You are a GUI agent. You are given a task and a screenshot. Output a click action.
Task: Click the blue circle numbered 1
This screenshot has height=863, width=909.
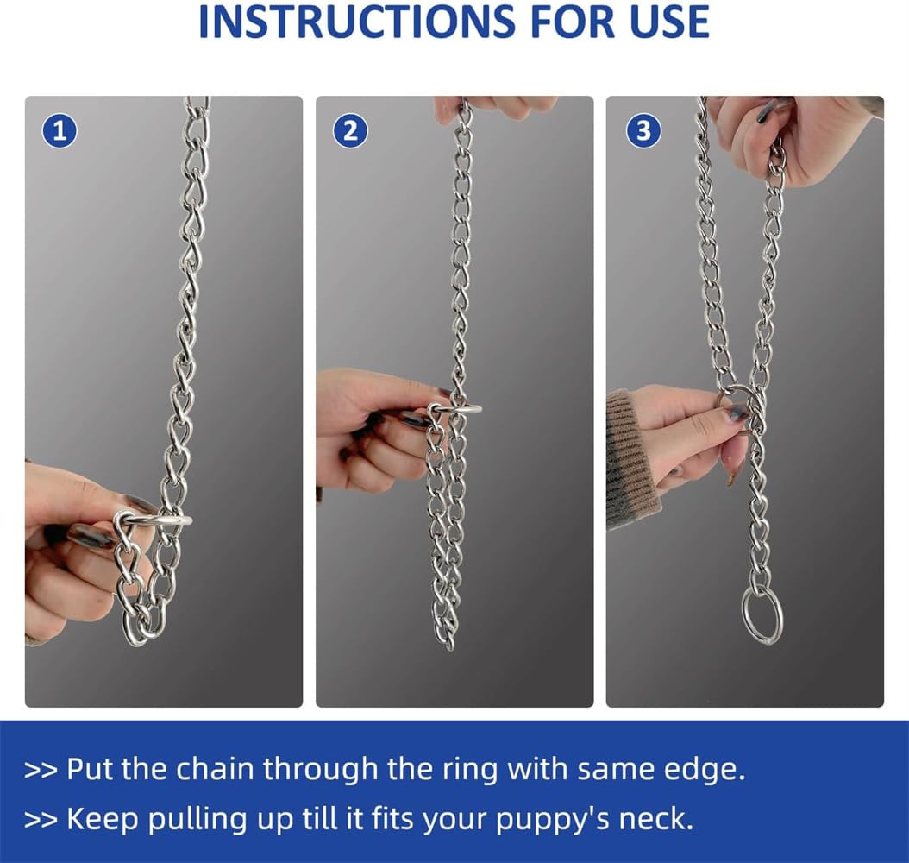click(60, 131)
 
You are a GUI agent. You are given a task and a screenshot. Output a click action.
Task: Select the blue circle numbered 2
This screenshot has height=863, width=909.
click(350, 131)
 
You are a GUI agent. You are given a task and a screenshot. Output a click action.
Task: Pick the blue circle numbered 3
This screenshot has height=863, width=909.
click(642, 131)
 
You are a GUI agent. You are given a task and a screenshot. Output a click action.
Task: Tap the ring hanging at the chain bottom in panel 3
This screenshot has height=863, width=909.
click(762, 614)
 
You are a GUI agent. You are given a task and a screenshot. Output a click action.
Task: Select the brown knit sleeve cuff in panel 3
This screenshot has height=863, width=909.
click(628, 457)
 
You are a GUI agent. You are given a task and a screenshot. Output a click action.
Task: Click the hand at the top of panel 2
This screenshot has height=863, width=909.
click(496, 106)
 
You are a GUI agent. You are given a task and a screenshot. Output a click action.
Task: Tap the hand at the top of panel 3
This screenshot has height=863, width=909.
click(793, 138)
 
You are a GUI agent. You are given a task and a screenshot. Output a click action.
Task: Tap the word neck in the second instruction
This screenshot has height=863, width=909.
click(656, 818)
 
